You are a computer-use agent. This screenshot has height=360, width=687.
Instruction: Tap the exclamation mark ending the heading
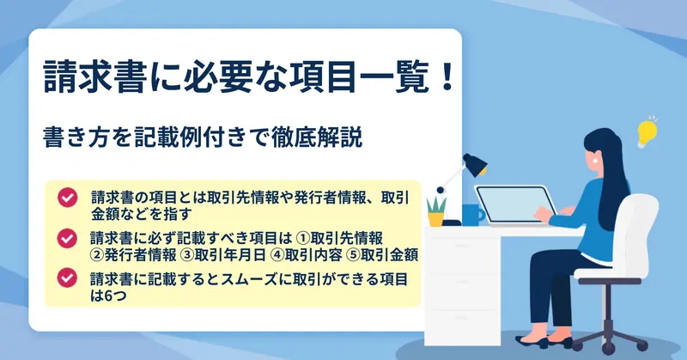click(447, 76)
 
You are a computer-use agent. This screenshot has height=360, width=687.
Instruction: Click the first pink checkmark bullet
click(67, 198)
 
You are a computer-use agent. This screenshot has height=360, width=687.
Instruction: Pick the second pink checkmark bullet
click(67, 239)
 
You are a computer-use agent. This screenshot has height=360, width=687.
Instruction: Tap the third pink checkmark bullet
click(67, 278)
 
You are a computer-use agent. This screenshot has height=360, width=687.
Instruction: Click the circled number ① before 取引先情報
click(303, 238)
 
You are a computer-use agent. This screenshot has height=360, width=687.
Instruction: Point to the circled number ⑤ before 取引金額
click(353, 255)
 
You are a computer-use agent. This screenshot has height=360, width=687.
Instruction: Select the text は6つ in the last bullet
click(108, 296)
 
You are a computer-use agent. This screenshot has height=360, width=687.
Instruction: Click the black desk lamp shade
click(476, 164)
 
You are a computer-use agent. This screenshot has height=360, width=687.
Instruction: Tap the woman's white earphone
click(596, 160)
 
